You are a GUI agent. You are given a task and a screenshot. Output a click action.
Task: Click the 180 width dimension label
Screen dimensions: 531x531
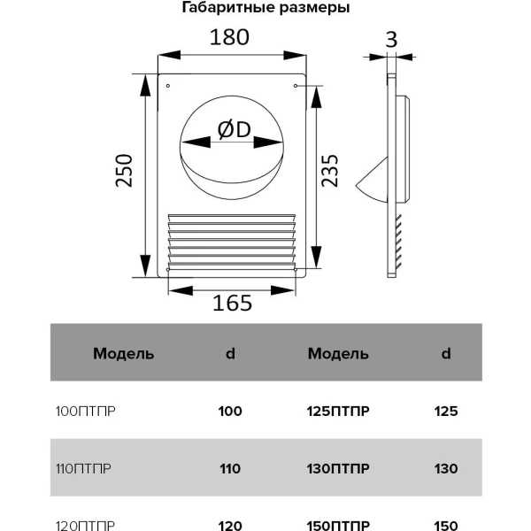coord(229,37)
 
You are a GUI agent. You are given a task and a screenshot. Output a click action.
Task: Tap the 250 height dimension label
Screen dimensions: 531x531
coord(124,171)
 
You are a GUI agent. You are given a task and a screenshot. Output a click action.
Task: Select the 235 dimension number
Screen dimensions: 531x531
coord(329,171)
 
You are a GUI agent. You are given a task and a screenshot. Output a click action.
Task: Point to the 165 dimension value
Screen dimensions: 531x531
coord(232,303)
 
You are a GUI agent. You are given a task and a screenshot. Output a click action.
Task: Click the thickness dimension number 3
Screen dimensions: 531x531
coord(391,40)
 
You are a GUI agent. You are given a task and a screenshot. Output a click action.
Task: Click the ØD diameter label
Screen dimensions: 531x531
coord(234,130)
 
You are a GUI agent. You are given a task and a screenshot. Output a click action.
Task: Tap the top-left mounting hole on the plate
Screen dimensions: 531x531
coord(168,86)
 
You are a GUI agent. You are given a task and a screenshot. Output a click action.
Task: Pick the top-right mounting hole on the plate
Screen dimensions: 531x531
coord(296,86)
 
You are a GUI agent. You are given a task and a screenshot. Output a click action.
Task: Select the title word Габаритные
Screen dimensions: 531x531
coord(228,7)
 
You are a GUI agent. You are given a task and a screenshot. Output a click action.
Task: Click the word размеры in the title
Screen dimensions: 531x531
coord(314,8)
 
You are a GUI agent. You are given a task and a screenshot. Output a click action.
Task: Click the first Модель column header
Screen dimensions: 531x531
coord(124,353)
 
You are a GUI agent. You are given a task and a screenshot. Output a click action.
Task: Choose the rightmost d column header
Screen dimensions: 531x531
coord(446,353)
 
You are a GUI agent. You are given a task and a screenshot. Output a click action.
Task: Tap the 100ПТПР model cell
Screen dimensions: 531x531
coord(86,412)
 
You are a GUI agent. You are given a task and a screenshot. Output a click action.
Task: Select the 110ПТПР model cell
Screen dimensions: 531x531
coord(84,469)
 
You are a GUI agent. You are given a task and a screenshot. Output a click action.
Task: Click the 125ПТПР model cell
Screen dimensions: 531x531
coord(338,412)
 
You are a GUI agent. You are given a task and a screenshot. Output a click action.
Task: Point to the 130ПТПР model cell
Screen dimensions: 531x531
coord(338,469)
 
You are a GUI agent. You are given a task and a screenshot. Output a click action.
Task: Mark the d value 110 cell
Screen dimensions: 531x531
coord(230,469)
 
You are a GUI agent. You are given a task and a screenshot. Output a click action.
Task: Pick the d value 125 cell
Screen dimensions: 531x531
coord(446,412)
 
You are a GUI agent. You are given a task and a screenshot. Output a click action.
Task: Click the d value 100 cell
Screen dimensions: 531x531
coord(230,412)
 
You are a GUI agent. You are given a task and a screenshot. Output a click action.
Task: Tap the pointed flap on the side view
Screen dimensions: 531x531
coord(372,181)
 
